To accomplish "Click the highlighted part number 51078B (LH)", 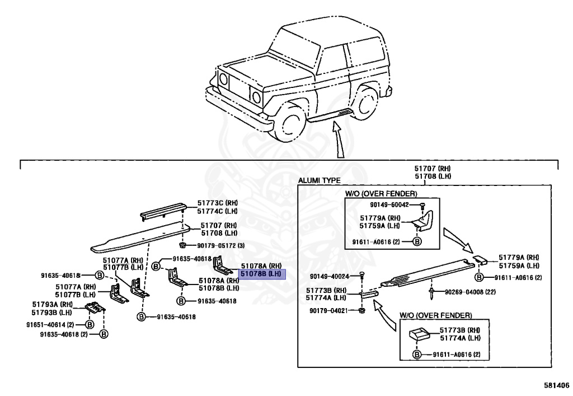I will pyautogui.click(x=262, y=274).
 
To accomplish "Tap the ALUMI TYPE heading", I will pyautogui.click(x=319, y=181).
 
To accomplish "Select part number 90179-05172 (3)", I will pyautogui.click(x=220, y=245).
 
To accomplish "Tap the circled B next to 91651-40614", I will pyautogui.click(x=89, y=324).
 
